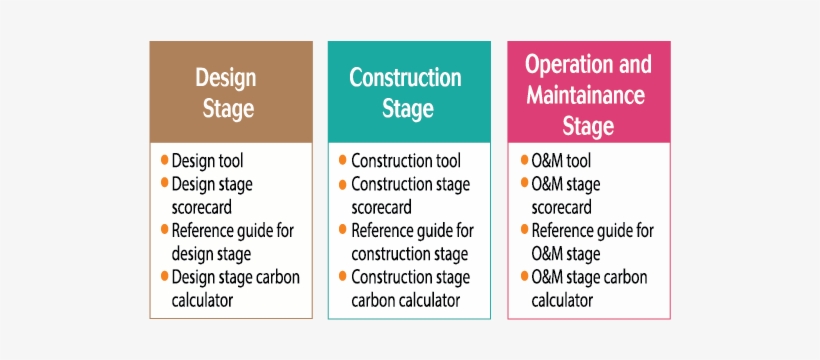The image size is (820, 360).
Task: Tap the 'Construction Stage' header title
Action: pos(406,93)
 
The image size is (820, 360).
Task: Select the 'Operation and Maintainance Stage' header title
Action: pos(588,96)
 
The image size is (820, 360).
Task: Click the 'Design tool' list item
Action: pos(207,161)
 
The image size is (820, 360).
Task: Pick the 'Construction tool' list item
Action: pos(406,161)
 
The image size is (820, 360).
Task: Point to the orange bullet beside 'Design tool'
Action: pos(164,160)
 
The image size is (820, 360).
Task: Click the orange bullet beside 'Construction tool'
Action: pos(343,160)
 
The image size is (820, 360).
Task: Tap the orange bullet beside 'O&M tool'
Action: pos(523,160)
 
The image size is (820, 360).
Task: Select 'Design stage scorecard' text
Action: pos(212,196)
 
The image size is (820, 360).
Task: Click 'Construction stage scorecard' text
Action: pos(410,196)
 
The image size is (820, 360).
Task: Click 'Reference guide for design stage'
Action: pos(232,242)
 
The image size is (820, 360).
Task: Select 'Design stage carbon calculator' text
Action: pos(235,288)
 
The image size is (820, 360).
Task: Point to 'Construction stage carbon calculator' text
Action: pos(410,288)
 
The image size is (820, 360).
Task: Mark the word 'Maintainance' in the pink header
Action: pos(586,96)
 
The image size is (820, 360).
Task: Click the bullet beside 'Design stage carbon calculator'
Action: pos(164,276)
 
